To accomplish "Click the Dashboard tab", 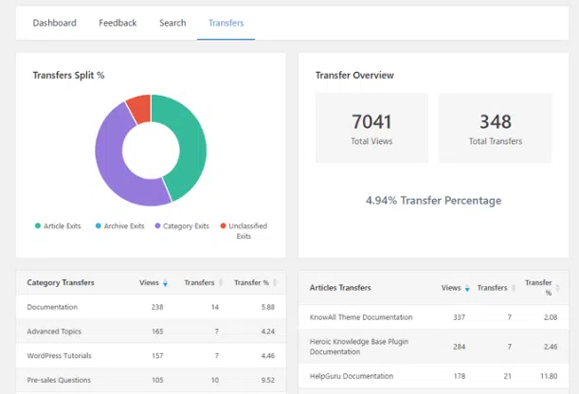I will [x=54, y=23].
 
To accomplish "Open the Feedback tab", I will [x=118, y=23].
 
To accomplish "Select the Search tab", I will [x=172, y=23].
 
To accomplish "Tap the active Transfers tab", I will [x=226, y=23].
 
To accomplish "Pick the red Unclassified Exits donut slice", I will [x=138, y=107].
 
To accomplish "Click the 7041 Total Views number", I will [x=371, y=121].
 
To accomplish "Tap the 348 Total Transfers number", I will [x=496, y=121].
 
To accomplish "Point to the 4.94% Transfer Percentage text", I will [x=433, y=201].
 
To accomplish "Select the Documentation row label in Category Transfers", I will [x=52, y=308].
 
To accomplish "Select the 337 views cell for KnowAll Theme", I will [x=458, y=317].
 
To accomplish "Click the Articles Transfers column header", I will [x=340, y=288].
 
